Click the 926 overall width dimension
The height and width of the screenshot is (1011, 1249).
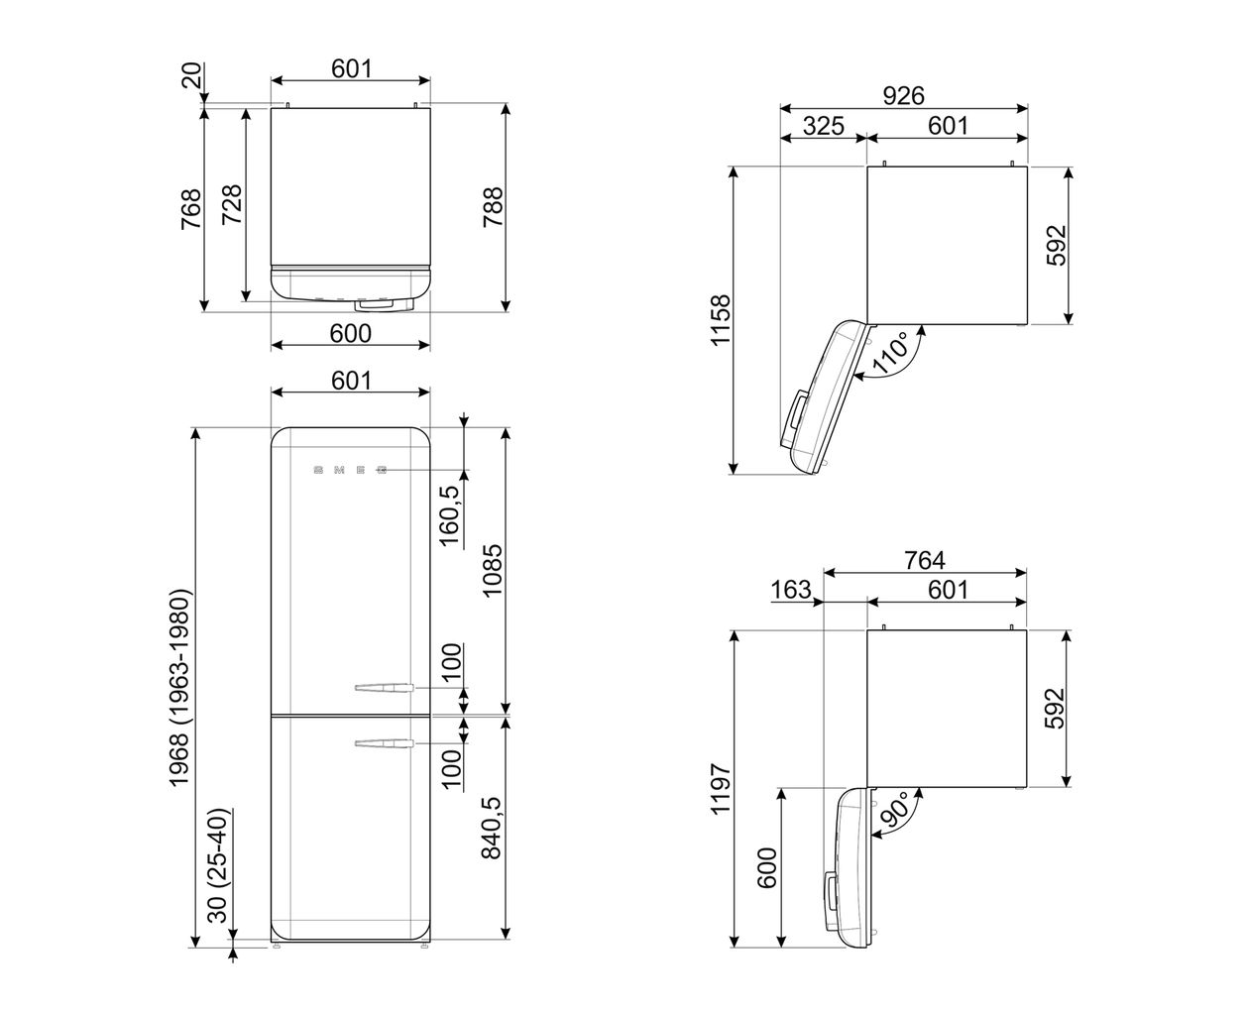tap(903, 95)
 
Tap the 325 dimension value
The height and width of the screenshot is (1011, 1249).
tap(823, 126)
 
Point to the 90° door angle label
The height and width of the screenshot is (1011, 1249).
tap(894, 809)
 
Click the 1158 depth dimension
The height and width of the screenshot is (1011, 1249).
tap(720, 320)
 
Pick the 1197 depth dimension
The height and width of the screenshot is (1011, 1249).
tap(720, 788)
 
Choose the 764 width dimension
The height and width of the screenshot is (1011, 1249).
tap(924, 560)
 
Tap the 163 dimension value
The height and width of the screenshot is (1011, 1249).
tap(791, 590)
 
